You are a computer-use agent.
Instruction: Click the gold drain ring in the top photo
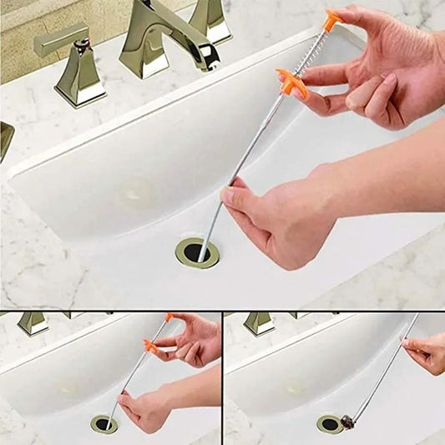pos(197,252)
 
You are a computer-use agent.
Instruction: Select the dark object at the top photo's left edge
pos(5,139)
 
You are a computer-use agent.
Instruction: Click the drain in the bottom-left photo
pos(104,424)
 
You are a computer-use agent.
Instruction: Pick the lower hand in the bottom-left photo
pos(146,409)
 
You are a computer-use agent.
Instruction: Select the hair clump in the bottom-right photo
pos(347,422)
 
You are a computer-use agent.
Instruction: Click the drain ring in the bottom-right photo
pos(329,424)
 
